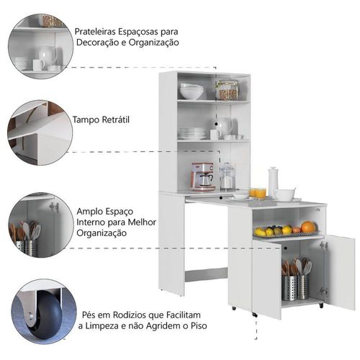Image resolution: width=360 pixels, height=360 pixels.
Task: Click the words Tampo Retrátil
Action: coord(101,120)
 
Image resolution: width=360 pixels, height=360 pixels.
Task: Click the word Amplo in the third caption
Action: coord(87,212)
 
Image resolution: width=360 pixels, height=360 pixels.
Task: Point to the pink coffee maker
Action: coord(203,176)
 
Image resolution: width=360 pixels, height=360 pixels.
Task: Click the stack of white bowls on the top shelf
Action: coord(192,91)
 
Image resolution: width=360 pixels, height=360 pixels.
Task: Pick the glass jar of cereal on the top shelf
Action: coord(227,90)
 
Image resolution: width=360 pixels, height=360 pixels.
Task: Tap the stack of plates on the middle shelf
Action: coord(192,133)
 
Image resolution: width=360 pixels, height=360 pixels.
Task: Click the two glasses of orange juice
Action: coord(258,193)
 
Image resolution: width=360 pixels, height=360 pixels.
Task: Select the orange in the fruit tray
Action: coord(308,227)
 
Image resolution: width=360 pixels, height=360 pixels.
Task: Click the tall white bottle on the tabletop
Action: coord(273,181)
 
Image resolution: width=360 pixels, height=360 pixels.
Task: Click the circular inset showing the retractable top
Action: coord(40,132)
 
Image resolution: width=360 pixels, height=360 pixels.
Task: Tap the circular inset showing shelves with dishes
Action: coord(40,46)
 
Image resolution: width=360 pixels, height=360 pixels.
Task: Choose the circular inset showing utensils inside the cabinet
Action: coord(41,225)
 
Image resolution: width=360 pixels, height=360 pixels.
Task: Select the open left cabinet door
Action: coord(266,279)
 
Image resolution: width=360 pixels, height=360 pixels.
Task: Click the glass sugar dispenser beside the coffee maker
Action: coord(227,176)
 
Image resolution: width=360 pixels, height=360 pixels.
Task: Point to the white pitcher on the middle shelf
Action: coord(225,125)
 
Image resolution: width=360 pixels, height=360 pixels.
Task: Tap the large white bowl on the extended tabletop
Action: coord(285,194)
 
